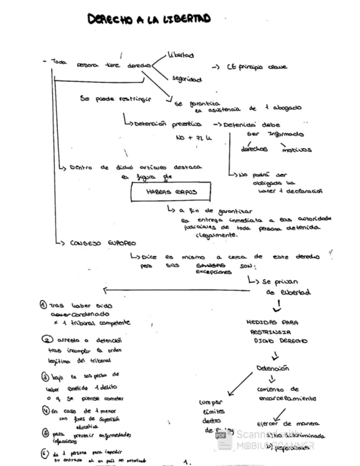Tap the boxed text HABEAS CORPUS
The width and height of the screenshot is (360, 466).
click(x=171, y=193)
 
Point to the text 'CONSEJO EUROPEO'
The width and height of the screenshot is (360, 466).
click(x=103, y=242)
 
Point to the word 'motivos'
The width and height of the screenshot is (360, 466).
click(x=295, y=149)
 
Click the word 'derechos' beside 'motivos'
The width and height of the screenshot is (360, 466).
click(x=254, y=149)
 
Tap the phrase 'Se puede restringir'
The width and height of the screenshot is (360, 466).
click(x=115, y=99)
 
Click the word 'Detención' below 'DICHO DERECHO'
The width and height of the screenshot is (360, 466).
click(x=273, y=368)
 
